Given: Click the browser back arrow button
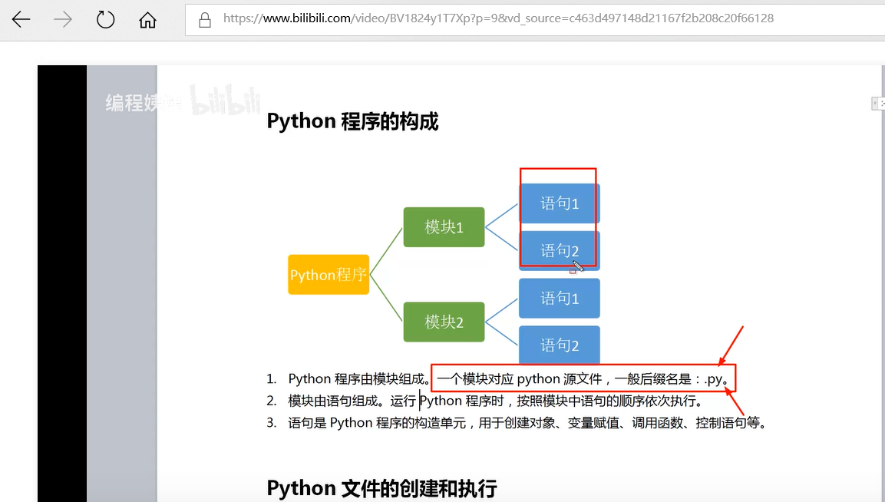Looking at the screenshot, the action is pos(21,19).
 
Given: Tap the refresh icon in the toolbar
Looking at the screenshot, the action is pos(105,19).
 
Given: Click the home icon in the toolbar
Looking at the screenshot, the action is pos(147,20).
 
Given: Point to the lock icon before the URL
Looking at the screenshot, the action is pos(205,20).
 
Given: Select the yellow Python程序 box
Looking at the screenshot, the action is pos(329,275).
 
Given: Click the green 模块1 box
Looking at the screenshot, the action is pos(444,227).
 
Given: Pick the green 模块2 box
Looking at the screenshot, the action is pos(444,322).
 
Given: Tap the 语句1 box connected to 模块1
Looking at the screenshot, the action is pos(560,203).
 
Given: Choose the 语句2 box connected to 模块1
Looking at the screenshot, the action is pos(560,251).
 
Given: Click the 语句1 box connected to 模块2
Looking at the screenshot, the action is pos(560,299).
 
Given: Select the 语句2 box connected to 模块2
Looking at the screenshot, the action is pos(560,345).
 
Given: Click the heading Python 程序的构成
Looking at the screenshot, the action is pos(352,121).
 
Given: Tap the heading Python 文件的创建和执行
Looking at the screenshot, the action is pos(381,488).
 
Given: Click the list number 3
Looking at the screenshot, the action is pos(271,423).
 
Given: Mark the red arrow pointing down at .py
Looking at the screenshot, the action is pos(731,345).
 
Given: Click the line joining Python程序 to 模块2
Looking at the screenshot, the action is pos(386,299).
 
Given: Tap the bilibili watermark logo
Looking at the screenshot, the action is pos(226,101).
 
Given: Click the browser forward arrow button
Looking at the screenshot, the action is pos(63,19).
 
